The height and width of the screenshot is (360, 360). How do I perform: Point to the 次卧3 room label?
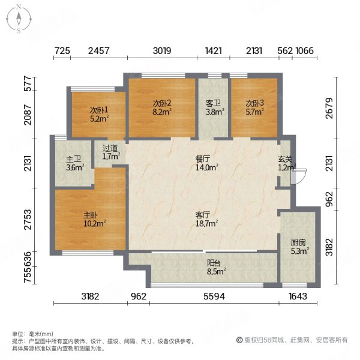click(254, 103)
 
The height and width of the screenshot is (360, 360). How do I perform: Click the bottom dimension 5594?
click(213, 296)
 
